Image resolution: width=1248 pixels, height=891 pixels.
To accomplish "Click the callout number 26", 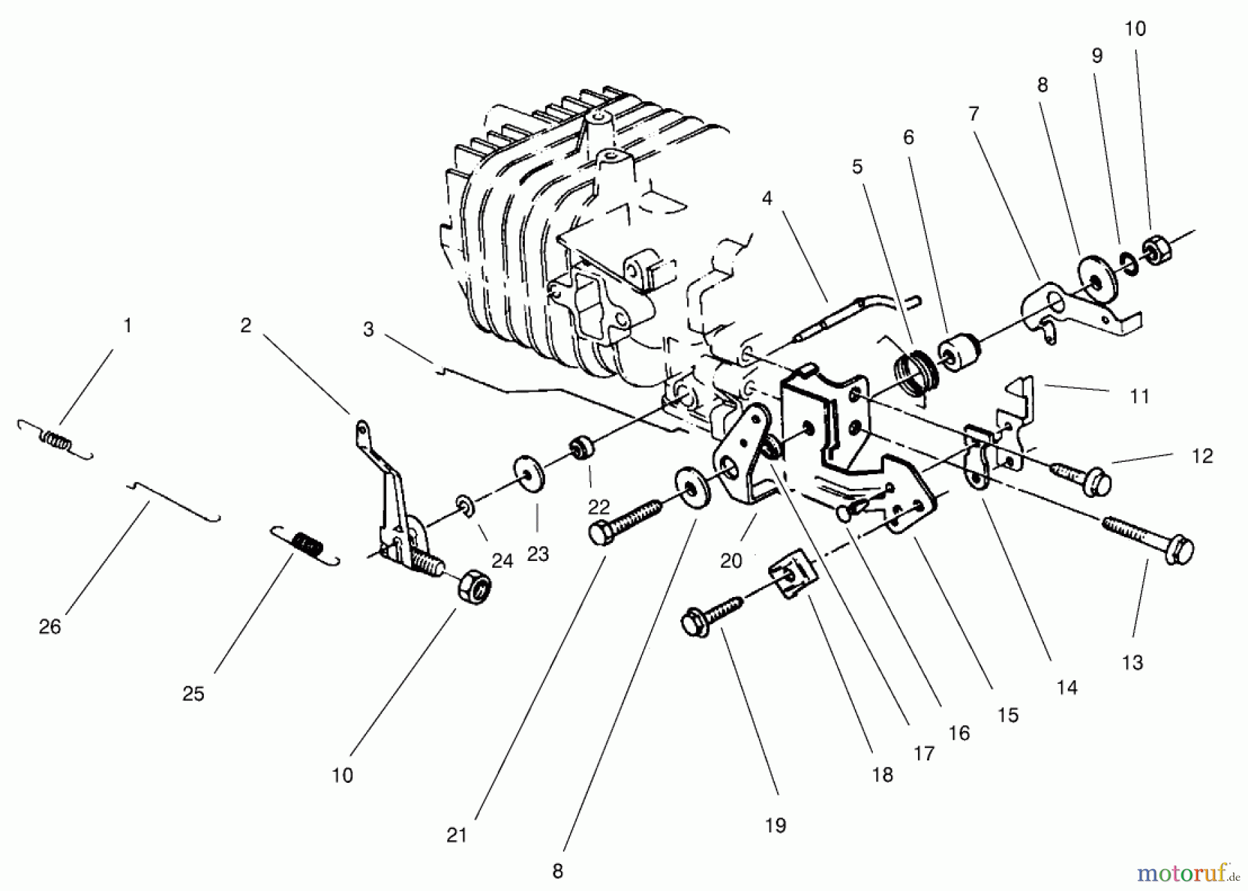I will pos(50,627).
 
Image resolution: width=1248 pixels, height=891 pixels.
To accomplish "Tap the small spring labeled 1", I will pos(55,440).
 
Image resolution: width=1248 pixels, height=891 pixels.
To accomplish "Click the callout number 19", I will pos(775,825).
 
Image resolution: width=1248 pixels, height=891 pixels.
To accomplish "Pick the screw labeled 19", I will pos(711,614).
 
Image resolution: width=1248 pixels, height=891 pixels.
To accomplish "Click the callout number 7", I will pos(973,114).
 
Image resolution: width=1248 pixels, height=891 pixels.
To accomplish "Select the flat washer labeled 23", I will pos(530,474).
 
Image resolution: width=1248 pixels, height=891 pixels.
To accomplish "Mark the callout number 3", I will pos(368,329).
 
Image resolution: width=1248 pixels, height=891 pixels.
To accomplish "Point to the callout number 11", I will pos(1139,397).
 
